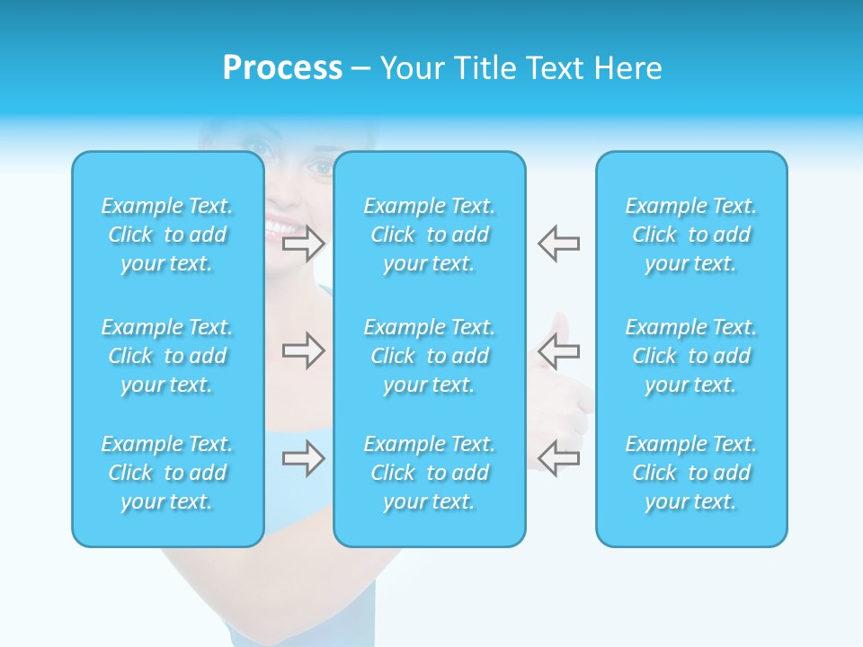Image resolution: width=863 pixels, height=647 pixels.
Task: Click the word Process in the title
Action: coord(282,68)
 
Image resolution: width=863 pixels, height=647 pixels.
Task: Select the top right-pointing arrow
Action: coord(303,244)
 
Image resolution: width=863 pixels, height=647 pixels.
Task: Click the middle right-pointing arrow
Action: coord(303,350)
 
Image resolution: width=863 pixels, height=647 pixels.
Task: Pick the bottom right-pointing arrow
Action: coord(303,459)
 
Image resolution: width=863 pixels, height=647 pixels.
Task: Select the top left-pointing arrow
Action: coord(558,244)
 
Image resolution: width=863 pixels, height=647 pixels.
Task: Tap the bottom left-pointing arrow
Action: coord(558,457)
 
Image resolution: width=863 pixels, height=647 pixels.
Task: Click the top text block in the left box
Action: coord(167,235)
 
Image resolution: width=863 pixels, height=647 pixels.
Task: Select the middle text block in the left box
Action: coord(167,356)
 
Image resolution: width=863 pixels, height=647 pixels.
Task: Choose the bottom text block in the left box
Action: coord(167,473)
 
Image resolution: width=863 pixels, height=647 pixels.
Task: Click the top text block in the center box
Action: coord(430,235)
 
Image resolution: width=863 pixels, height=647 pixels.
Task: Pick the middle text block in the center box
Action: coord(430,356)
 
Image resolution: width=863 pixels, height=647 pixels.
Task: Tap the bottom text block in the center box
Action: coord(430,473)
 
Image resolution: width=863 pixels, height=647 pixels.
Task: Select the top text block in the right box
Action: coord(691,235)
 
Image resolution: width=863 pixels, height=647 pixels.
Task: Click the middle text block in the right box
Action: coord(691,356)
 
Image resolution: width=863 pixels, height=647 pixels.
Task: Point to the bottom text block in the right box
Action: coord(691,473)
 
